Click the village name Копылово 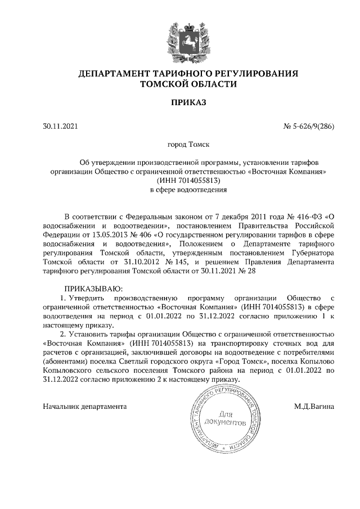[x=317, y=361]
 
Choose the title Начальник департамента [x=84, y=406]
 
